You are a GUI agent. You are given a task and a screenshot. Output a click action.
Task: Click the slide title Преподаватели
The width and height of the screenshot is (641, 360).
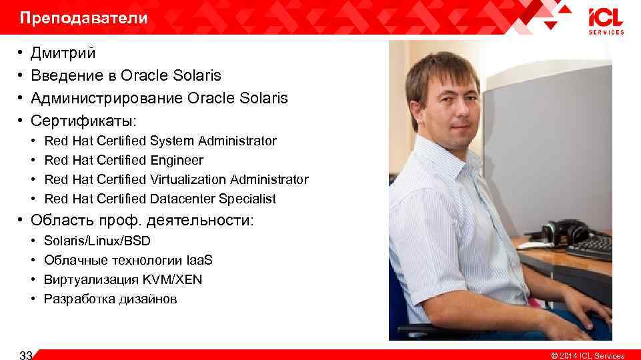click(x=83, y=18)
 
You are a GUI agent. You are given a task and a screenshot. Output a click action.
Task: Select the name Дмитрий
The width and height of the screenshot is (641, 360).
click(x=63, y=53)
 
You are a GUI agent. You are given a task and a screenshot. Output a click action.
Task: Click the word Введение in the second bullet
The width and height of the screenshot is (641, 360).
click(x=65, y=75)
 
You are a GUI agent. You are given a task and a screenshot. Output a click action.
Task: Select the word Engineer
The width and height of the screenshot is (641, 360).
click(x=177, y=160)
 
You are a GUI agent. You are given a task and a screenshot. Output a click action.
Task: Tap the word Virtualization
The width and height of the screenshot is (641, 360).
click(x=189, y=179)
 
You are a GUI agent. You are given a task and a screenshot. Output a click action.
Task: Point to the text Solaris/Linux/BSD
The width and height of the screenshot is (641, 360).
click(x=97, y=240)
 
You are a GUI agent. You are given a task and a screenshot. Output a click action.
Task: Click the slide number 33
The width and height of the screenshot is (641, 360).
click(x=26, y=355)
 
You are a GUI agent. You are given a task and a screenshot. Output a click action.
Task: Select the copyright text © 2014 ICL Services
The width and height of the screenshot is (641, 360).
click(x=587, y=355)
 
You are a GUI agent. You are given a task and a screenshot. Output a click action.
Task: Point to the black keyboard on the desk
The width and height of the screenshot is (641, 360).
click(x=590, y=248)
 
